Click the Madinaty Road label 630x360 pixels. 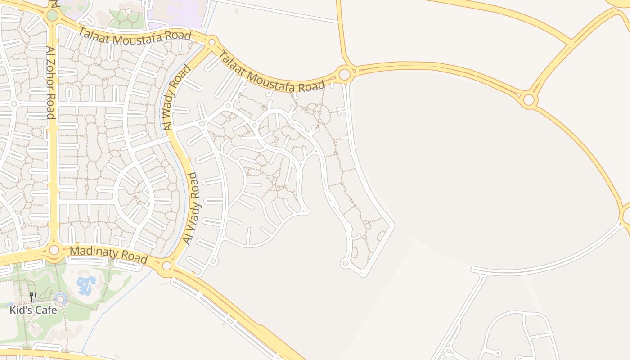tap(109, 254)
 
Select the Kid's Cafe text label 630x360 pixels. tap(33, 310)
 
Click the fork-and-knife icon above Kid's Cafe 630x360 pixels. tap(33, 297)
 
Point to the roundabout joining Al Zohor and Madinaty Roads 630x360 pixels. tap(54, 250)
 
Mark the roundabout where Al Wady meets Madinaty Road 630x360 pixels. tap(167, 265)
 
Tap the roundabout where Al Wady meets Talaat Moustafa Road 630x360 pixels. tap(212, 42)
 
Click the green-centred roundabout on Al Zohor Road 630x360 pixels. tap(52, 16)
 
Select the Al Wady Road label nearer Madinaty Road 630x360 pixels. tap(191, 208)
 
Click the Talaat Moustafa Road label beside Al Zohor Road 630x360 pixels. tap(135, 36)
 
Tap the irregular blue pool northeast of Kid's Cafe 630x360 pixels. tap(86, 285)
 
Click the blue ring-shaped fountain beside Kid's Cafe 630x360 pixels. tap(61, 298)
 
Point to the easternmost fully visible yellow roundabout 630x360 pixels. tap(529, 99)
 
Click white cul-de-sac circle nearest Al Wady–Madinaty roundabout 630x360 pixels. tap(214, 261)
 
